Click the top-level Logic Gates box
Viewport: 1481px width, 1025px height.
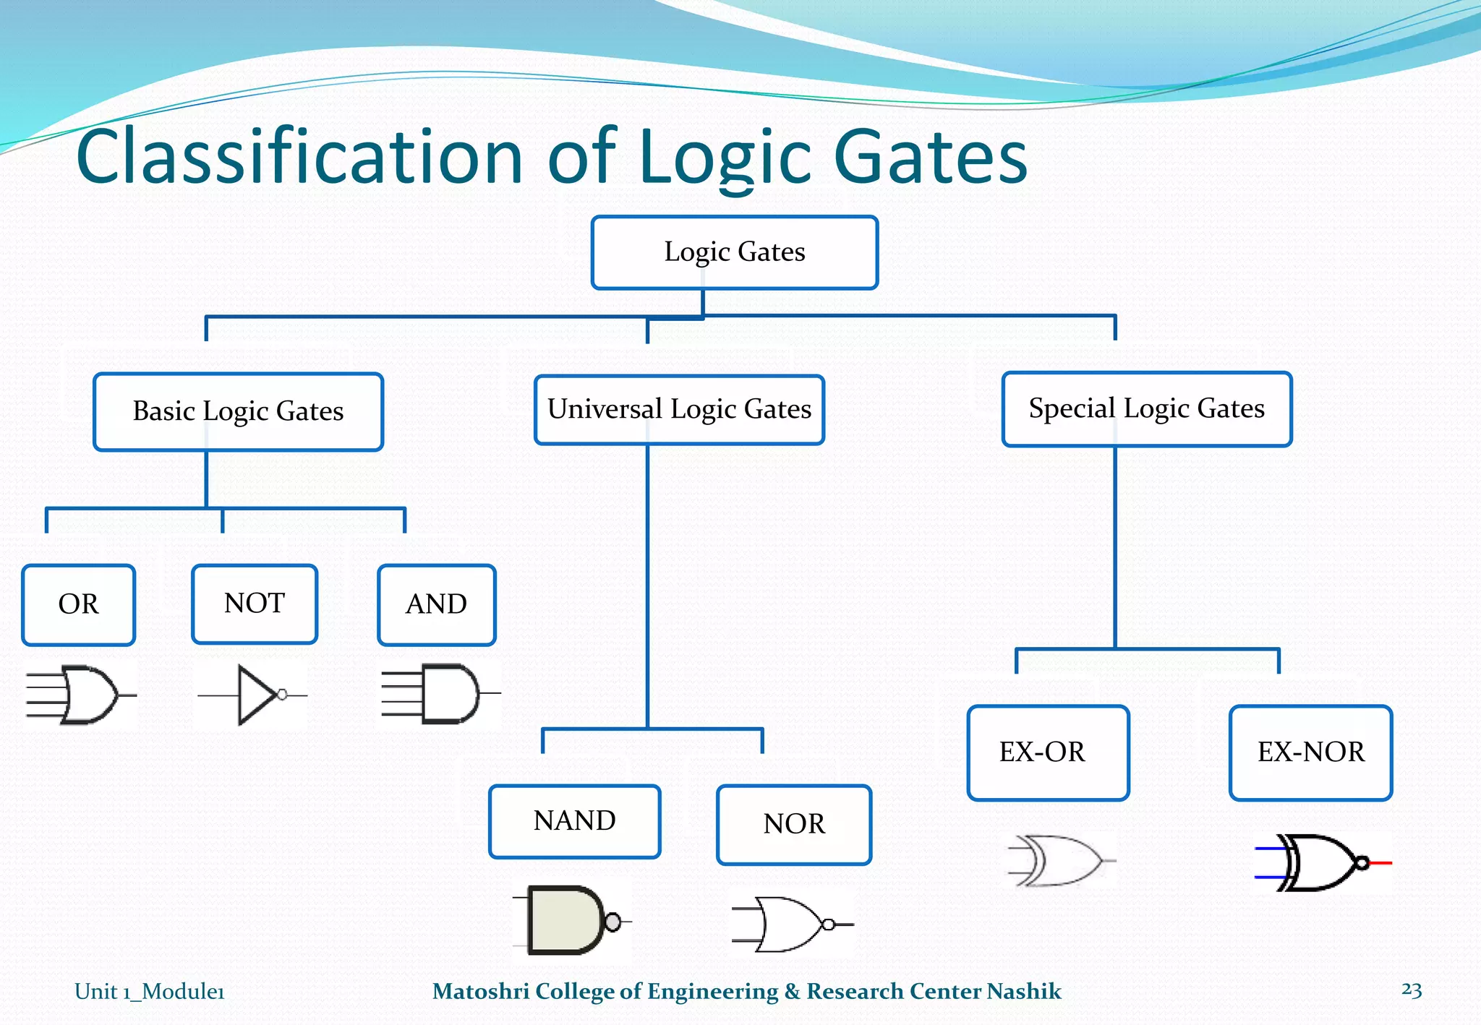pyautogui.click(x=734, y=252)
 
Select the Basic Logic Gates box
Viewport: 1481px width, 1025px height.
pyautogui.click(x=238, y=411)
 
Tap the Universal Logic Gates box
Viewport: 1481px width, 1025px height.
pyautogui.click(x=679, y=409)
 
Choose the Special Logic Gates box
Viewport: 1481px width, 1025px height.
pyautogui.click(x=1146, y=409)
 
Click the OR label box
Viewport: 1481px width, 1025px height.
pyautogui.click(x=78, y=604)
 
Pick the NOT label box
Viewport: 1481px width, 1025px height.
pyautogui.click(x=255, y=604)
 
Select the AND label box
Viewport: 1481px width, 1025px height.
pyautogui.click(x=436, y=604)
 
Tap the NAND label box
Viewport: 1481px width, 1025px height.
pyautogui.click(x=574, y=821)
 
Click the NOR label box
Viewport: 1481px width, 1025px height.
pyautogui.click(x=794, y=824)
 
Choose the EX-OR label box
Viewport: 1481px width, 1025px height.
pyautogui.click(x=1048, y=752)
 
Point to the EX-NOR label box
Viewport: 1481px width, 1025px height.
pyautogui.click(x=1310, y=752)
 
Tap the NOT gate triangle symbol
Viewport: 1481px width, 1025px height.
pyautogui.click(x=257, y=695)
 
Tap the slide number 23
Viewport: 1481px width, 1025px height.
pyautogui.click(x=1411, y=990)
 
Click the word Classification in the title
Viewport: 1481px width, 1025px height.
pyautogui.click(x=299, y=157)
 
